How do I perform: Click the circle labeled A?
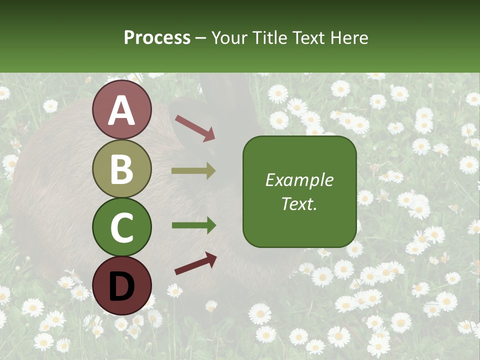click(x=122, y=110)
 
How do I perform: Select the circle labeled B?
click(x=122, y=169)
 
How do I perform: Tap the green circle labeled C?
click(x=122, y=227)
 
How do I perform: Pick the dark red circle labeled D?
click(x=122, y=285)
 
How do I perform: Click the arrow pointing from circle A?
click(x=195, y=127)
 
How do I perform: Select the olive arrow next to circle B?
click(x=193, y=171)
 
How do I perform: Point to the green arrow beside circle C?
click(x=193, y=225)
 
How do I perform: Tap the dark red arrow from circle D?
click(x=195, y=263)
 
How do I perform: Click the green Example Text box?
click(x=299, y=191)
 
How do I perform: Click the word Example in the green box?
click(x=299, y=180)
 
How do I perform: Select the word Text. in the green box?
click(x=299, y=203)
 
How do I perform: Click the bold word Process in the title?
click(x=157, y=37)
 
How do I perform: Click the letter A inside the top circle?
click(x=122, y=110)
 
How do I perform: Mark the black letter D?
click(x=122, y=286)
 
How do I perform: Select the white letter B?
click(x=122, y=169)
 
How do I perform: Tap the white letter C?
click(x=122, y=227)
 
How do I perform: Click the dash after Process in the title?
click(x=201, y=38)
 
